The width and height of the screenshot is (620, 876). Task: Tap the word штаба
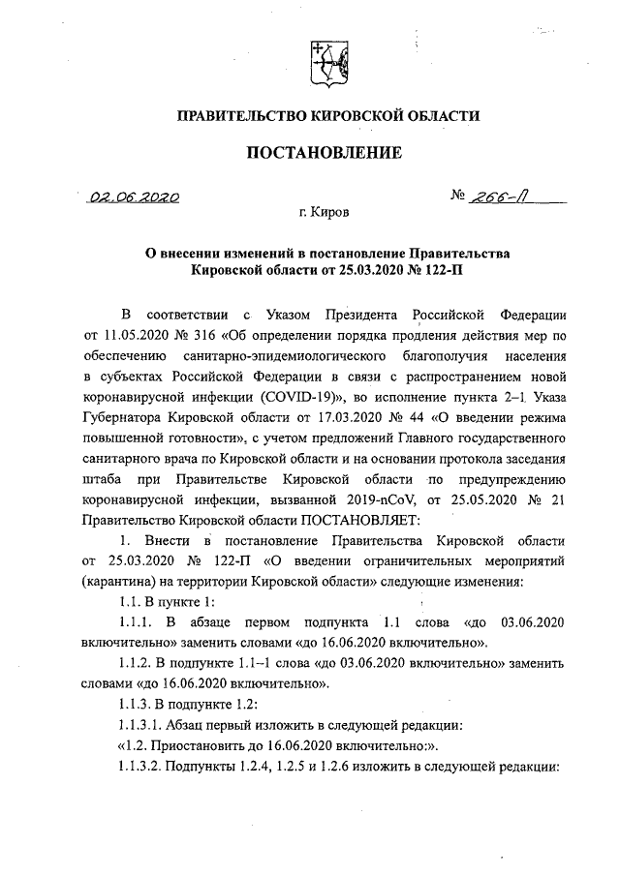103,478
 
